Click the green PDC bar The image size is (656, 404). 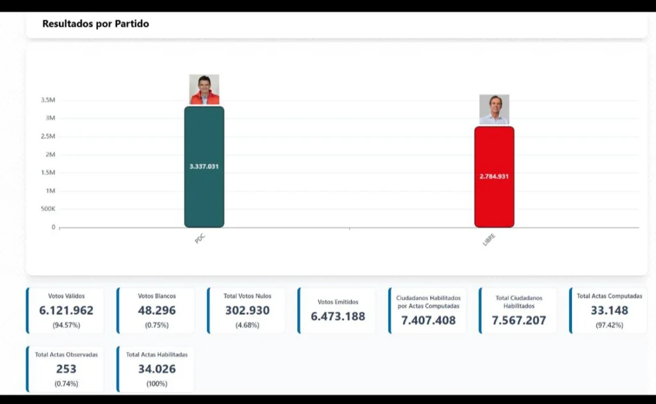click(x=204, y=192)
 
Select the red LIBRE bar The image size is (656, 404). click(x=494, y=198)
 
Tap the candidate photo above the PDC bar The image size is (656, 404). click(x=204, y=90)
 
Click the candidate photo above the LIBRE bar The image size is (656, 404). click(x=494, y=109)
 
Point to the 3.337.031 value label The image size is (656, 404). click(x=204, y=166)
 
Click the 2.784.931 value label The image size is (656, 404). click(x=494, y=176)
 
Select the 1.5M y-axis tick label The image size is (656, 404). click(x=48, y=173)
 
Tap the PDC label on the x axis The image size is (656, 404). click(x=200, y=239)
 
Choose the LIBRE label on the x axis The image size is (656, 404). click(x=489, y=241)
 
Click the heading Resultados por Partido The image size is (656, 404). click(x=96, y=24)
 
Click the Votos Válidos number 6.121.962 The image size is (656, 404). click(x=66, y=311)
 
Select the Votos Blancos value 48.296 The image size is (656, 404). click(x=156, y=311)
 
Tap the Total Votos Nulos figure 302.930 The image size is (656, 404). click(x=247, y=311)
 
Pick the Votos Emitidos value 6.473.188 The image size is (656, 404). click(x=338, y=316)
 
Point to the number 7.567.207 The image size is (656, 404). click(x=519, y=320)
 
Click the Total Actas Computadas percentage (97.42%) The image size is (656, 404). click(x=609, y=325)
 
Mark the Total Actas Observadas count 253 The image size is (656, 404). click(x=66, y=369)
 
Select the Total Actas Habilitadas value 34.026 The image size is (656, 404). click(x=156, y=369)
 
